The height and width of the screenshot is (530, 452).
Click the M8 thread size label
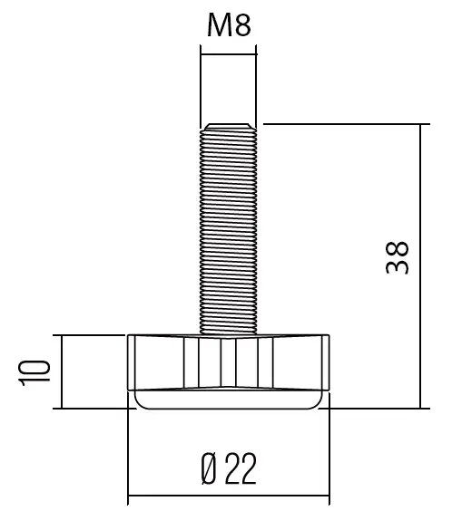tap(229, 25)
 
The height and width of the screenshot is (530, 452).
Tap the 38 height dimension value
tap(398, 257)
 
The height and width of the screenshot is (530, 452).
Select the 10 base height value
tap(34, 373)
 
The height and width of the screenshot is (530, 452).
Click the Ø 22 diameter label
tap(229, 468)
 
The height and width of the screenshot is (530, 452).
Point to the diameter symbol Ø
tap(209, 468)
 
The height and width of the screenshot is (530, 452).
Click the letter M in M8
tap(219, 25)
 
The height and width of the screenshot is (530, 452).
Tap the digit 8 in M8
tap(243, 25)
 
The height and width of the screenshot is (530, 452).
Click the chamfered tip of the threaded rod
tap(229, 127)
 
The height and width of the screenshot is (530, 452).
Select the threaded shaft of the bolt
tap(228, 229)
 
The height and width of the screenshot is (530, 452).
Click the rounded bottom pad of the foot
tap(228, 400)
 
